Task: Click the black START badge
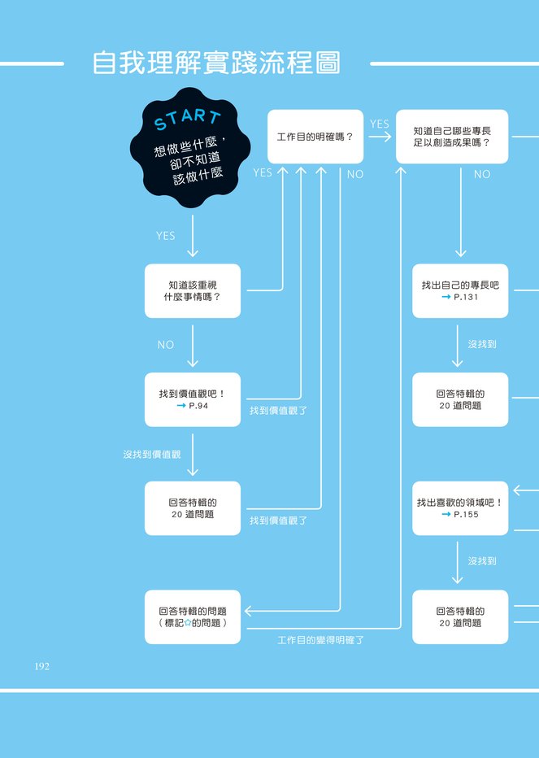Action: click(190, 148)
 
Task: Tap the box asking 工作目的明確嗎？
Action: click(315, 137)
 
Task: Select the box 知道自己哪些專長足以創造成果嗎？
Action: click(452, 137)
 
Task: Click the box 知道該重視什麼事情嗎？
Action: click(193, 290)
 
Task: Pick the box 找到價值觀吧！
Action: click(193, 399)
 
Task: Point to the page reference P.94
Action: click(198, 406)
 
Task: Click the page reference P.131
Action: click(466, 298)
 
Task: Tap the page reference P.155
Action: click(466, 515)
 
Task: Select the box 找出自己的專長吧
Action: click(460, 290)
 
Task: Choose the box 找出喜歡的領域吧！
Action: click(460, 508)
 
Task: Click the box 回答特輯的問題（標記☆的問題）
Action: click(193, 616)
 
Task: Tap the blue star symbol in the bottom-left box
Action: click(188, 623)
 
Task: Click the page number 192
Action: click(41, 666)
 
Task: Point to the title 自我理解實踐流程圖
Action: click(216, 63)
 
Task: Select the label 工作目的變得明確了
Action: click(320, 640)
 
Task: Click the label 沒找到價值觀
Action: click(152, 455)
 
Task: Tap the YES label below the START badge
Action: click(165, 236)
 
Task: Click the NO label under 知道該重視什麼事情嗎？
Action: click(165, 345)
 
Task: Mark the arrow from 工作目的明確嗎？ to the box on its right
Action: click(380, 137)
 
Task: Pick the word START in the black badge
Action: click(188, 120)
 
